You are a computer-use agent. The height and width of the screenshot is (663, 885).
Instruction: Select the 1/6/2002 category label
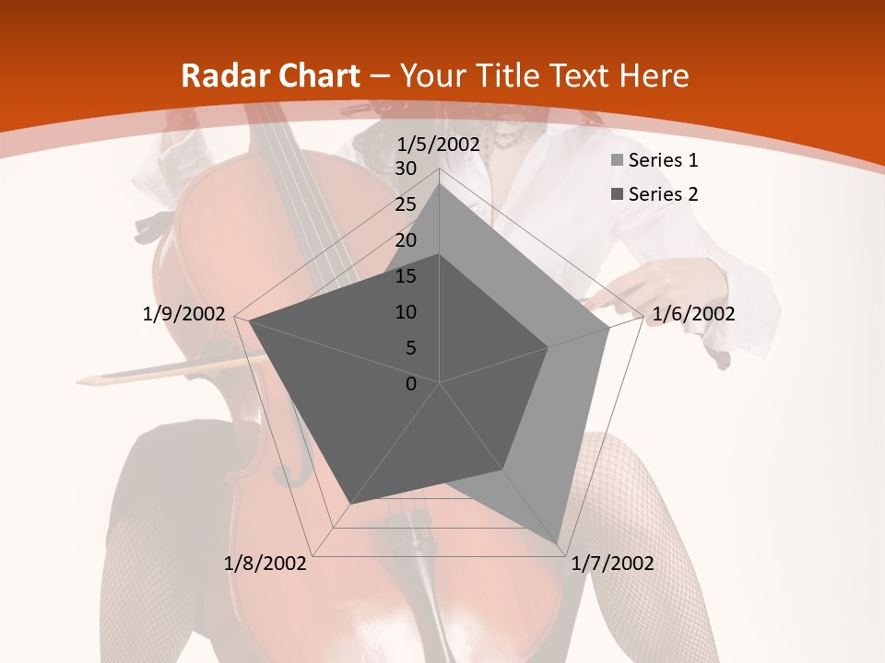(693, 314)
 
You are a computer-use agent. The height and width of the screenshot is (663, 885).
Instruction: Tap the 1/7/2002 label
(612, 564)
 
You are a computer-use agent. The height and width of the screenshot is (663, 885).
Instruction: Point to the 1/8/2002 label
(265, 564)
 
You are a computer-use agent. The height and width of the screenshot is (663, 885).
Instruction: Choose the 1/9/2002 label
(184, 314)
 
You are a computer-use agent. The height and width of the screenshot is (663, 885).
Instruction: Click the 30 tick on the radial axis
(406, 169)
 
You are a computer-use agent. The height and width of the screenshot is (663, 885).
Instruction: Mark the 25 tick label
(406, 204)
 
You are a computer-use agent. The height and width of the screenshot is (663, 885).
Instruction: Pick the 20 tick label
(406, 240)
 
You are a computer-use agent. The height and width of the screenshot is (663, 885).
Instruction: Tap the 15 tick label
(406, 276)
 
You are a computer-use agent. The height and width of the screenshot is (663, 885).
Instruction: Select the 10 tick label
(406, 312)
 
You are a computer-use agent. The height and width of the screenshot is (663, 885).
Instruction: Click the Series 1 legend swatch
(617, 161)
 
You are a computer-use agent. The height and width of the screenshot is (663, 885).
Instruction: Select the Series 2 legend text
(663, 194)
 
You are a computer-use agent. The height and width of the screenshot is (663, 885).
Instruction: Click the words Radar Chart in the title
(270, 76)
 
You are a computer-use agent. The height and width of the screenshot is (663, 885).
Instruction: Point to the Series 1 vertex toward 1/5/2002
(440, 183)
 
